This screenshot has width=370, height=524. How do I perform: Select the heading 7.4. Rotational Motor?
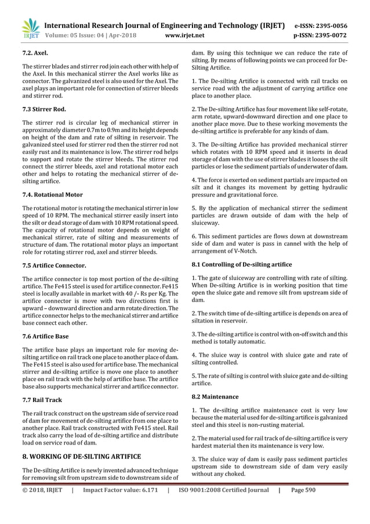tap(52, 195)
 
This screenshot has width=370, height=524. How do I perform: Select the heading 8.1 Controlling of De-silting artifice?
tap(242, 265)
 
